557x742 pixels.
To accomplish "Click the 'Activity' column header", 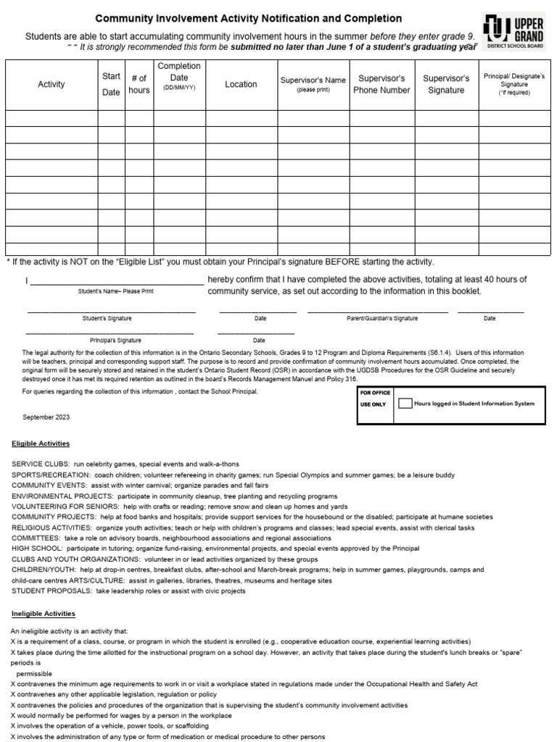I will tap(51, 84).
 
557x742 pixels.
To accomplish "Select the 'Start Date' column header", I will tap(111, 84).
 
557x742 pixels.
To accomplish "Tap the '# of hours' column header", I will tap(139, 84).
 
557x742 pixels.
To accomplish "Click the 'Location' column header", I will tap(241, 84).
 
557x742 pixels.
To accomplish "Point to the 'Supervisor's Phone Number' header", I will tap(381, 84).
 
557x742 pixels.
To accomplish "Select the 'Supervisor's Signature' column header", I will tap(446, 84).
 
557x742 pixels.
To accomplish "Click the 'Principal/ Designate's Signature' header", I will tap(513, 84).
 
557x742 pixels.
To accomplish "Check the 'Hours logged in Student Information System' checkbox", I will tap(405, 404).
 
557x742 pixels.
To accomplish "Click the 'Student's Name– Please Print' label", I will tap(116, 291).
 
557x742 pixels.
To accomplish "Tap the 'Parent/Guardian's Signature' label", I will tap(382, 318).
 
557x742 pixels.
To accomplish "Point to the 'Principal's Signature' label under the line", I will tap(115, 340).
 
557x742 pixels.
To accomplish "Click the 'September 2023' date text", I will tap(46, 417).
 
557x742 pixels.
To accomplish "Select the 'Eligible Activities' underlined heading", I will tap(41, 443).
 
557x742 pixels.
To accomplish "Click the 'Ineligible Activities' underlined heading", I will tap(43, 614).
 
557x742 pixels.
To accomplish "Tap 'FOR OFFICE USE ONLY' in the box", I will tap(375, 398).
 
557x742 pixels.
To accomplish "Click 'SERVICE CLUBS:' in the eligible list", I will tap(40, 464).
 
